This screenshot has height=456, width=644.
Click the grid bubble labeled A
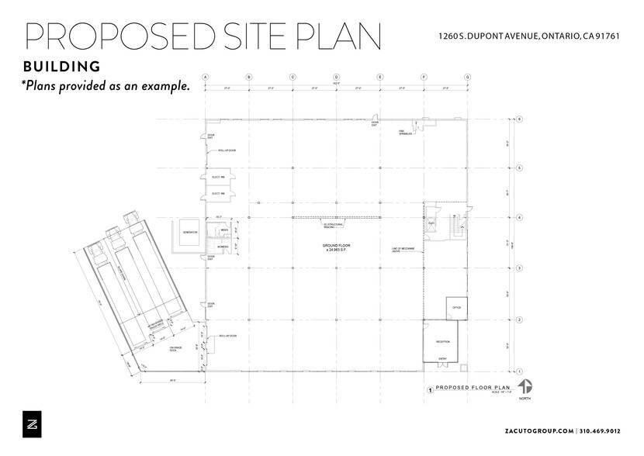205,78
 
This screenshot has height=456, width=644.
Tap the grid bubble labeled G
467,78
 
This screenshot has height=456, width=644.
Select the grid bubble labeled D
336,78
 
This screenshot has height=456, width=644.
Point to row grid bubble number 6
519,119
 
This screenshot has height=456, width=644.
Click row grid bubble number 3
519,268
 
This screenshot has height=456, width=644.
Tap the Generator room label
189,233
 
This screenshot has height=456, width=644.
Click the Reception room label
442,341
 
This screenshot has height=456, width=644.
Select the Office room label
456,308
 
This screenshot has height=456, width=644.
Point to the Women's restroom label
223,247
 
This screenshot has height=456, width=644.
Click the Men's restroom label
223,230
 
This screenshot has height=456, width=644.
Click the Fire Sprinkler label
404,132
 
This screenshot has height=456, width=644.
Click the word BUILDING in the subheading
62,65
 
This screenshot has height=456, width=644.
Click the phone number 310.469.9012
607,430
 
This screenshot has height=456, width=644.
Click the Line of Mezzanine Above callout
403,250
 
